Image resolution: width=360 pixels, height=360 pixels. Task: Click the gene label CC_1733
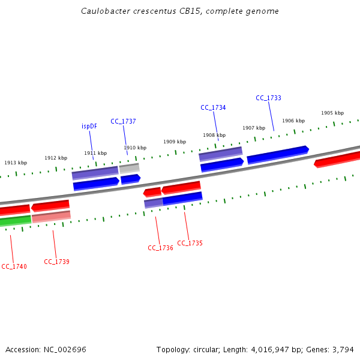tap(268, 98)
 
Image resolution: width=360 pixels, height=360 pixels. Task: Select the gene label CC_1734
tap(213, 107)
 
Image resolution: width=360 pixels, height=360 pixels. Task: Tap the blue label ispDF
tap(89, 126)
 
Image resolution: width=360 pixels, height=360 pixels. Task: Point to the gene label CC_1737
tap(123, 121)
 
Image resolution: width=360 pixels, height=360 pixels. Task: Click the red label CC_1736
tap(160, 248)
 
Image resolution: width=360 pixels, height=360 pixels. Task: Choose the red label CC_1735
tap(190, 243)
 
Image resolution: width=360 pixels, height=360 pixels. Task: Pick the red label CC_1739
tap(56, 262)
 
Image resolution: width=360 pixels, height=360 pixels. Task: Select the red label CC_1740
tap(14, 266)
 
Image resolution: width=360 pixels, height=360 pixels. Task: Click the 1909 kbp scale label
tap(175, 142)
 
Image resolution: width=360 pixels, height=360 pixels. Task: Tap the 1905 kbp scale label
tap(332, 113)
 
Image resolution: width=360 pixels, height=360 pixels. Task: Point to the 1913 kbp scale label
tap(16, 163)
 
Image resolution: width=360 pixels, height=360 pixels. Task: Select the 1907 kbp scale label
tap(254, 128)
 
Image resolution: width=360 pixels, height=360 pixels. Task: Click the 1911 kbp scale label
tap(95, 153)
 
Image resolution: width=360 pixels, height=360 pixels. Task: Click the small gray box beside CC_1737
tap(129, 169)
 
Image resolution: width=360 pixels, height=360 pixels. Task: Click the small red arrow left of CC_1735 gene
tap(152, 193)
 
